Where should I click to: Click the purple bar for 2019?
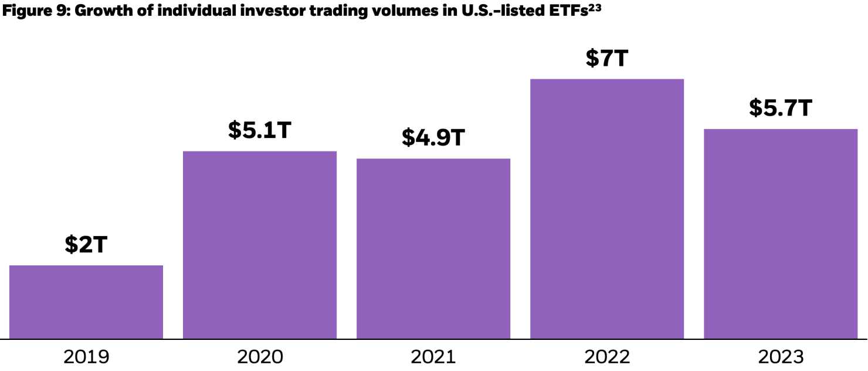coord(86,302)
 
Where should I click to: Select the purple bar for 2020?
coord(260,245)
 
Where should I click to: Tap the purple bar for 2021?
coord(433,248)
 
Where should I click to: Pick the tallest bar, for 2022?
coord(607,208)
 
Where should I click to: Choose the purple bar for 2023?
coord(781,234)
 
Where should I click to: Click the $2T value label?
coord(86,245)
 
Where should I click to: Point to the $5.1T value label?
coord(260,131)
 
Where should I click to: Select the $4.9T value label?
coord(433,138)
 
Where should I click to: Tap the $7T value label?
coord(607,59)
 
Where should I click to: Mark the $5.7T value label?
coord(781,108)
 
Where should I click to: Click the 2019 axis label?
coord(86,356)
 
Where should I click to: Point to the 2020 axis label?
coord(260,356)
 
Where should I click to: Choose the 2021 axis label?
coord(433,356)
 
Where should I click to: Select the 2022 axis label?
coord(607,356)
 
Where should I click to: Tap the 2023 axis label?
coord(781,356)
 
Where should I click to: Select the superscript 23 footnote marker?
coord(594,8)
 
